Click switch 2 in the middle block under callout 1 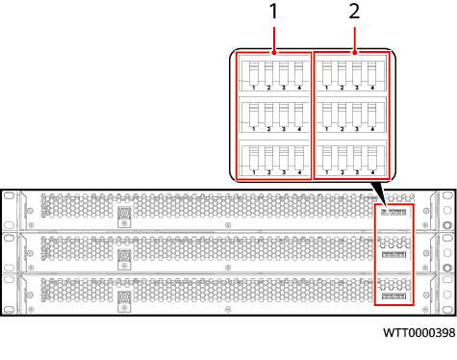click(x=268, y=116)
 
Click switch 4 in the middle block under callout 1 click(x=300, y=116)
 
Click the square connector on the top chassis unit click(x=122, y=215)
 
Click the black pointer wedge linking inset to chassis click(x=383, y=189)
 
